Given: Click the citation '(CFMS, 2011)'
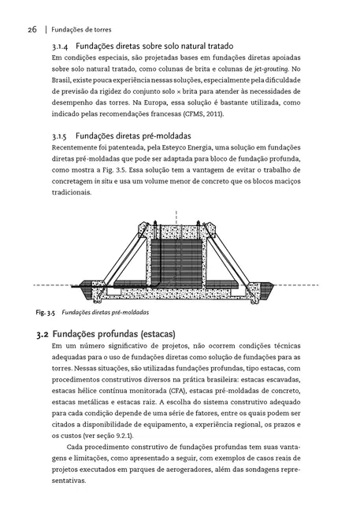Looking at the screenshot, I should tap(200, 113).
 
